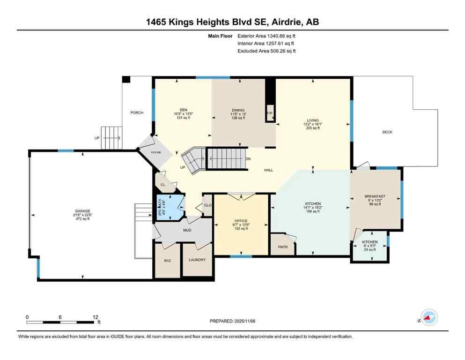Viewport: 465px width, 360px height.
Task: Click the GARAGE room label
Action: [81, 211]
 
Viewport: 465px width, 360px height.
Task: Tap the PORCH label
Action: [137, 112]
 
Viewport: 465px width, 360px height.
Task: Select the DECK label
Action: [387, 132]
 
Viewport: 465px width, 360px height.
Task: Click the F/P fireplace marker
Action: [270, 113]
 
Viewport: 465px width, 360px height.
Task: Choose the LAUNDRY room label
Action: [197, 260]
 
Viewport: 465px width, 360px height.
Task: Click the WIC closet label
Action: [167, 260]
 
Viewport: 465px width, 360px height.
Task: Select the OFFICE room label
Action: [241, 220]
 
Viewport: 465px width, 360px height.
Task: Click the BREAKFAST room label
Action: [375, 196]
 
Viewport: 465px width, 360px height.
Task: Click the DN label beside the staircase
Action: [248, 159]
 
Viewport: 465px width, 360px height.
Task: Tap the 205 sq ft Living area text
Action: [312, 128]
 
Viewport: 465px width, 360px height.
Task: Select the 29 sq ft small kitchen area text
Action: [369, 250]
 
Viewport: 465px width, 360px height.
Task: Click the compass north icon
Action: [428, 318]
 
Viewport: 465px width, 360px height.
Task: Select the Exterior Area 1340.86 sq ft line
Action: [266, 36]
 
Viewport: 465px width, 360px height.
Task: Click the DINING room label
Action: [238, 111]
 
